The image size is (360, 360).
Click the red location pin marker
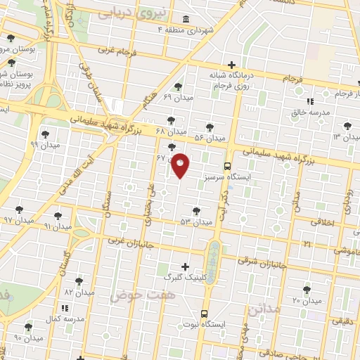181,165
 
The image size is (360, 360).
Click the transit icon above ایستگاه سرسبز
226,167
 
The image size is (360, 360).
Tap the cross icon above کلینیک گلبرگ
185,266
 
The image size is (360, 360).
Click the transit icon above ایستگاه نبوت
204,314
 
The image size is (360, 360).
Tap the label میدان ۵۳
195,222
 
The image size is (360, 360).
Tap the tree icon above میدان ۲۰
307,289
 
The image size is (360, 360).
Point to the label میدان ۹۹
45,144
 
